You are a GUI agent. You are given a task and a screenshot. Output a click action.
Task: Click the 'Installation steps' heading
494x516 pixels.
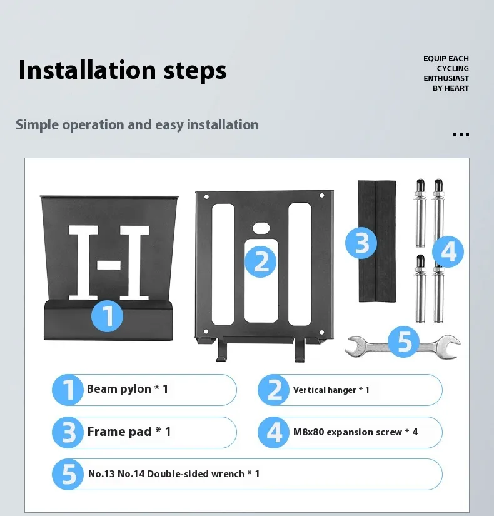coord(123,71)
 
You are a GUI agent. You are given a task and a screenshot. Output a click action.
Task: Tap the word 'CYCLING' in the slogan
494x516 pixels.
coord(453,68)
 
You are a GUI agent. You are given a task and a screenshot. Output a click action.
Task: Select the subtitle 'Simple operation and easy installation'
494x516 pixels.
coord(137,125)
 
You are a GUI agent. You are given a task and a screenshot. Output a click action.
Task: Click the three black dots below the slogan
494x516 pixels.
coord(461,134)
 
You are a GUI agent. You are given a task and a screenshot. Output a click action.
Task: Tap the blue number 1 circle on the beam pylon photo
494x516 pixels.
coord(108,316)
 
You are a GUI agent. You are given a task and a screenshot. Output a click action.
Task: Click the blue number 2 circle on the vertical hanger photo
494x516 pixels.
coord(261,261)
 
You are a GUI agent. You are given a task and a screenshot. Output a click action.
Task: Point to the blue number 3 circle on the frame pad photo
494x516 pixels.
coord(361,243)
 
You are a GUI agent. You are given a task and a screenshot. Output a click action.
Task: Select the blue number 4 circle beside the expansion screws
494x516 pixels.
coord(448,252)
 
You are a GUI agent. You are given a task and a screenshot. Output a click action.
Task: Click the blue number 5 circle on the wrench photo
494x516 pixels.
coord(404,341)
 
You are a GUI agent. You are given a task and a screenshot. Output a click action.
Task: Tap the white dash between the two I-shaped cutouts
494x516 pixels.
coord(109,265)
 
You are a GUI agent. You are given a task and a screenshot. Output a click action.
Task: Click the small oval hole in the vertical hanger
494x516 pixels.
coord(261,228)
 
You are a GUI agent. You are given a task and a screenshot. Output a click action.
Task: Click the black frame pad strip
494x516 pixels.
coord(377,241)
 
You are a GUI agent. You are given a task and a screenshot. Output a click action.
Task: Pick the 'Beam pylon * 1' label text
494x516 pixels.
coord(128,389)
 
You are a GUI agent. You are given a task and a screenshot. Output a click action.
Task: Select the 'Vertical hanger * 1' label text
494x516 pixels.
coord(331,390)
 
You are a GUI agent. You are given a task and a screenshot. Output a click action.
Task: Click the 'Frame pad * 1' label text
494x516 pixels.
coord(129,432)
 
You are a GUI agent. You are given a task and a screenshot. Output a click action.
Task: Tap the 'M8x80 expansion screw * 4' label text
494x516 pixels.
coord(355,432)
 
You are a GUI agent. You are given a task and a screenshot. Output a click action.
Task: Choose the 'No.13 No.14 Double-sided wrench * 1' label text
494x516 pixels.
coord(174,474)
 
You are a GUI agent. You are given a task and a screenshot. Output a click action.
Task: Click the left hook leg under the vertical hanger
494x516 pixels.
coord(220,350)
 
